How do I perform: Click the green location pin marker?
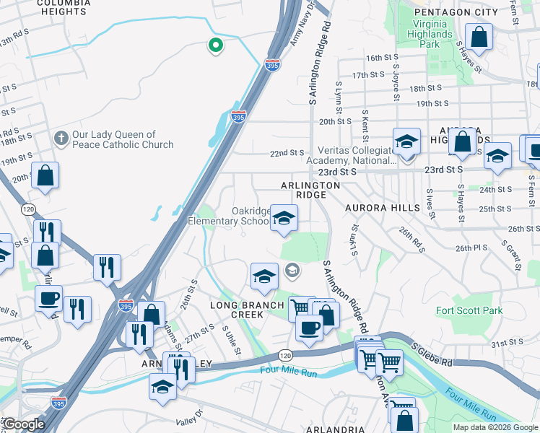215,46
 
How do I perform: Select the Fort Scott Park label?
469,310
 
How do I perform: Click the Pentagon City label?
461,12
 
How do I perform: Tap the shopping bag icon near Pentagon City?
479,36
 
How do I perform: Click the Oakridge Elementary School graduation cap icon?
284,218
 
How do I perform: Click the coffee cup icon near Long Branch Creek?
309,328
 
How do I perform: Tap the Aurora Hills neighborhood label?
382,208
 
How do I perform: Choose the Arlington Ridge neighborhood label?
310,191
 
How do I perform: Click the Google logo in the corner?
24,424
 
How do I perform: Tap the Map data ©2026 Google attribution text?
495,427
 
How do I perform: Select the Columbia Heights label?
64,8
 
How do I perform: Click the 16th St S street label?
383,58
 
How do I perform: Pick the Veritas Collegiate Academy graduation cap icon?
406,141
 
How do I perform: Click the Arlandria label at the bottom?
334,429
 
